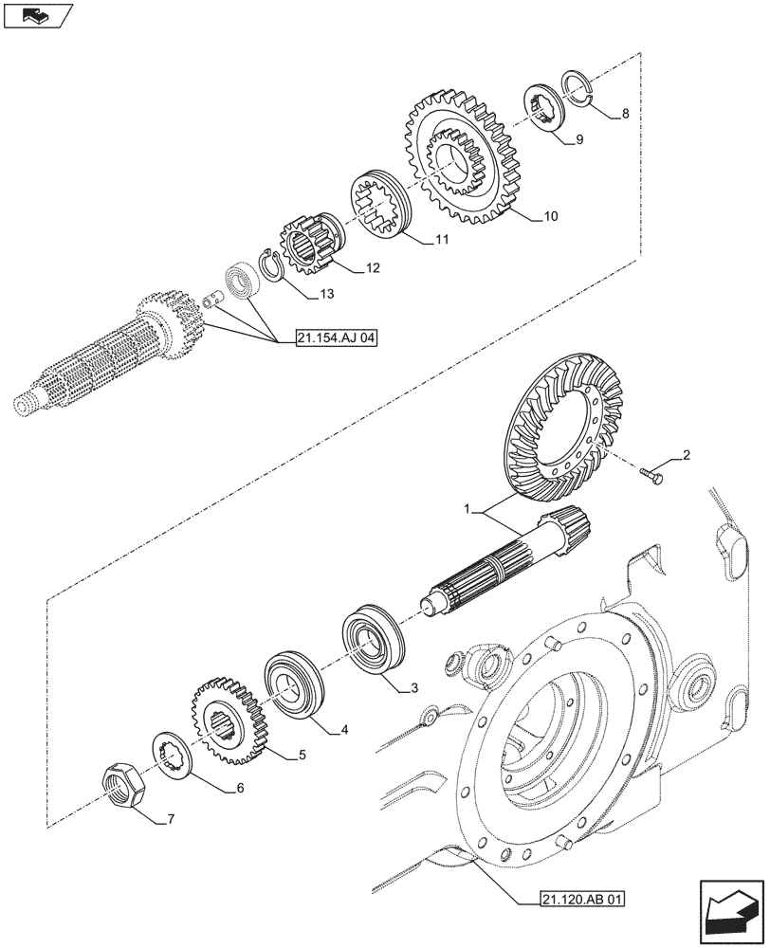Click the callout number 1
(467, 509)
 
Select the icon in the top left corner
(37, 16)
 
